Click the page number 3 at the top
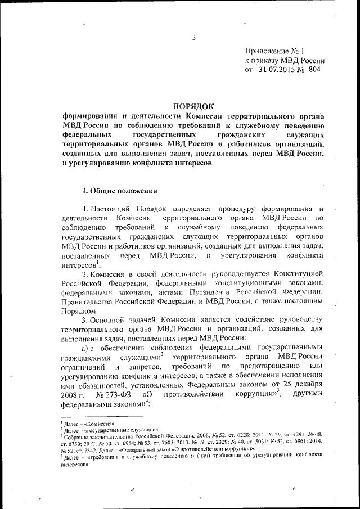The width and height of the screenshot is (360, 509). click(193, 38)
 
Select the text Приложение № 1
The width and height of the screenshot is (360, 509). click(272, 51)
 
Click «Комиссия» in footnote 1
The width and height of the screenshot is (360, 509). click(100, 422)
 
